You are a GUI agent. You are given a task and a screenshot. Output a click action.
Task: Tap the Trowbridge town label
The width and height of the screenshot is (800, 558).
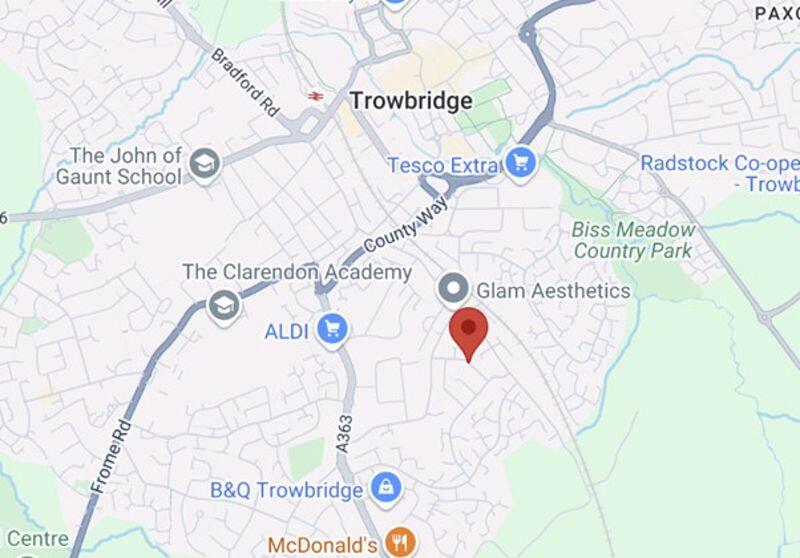tap(411, 101)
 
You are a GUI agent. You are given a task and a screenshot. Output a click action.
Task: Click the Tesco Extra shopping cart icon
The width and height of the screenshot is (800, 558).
tap(519, 162)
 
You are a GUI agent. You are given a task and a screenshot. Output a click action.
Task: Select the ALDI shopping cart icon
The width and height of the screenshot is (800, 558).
tap(332, 328)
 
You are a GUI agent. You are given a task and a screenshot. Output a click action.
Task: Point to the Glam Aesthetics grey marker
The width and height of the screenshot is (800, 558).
tap(454, 290)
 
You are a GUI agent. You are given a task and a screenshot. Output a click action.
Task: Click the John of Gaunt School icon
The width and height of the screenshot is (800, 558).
tap(205, 164)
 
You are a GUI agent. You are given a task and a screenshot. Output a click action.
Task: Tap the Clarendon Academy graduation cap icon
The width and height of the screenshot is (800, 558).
tap(223, 305)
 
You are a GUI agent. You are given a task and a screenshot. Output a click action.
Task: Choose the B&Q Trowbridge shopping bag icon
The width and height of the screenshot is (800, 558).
tap(385, 489)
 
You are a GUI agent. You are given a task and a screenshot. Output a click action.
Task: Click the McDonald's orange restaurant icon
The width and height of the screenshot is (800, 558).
tap(400, 543)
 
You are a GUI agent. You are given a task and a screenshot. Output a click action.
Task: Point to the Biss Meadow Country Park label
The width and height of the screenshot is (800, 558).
tap(632, 240)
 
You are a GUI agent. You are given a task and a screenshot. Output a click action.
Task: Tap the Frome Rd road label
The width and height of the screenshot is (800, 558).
tap(111, 455)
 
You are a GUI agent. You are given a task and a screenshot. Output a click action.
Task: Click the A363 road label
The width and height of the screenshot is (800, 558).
tap(343, 432)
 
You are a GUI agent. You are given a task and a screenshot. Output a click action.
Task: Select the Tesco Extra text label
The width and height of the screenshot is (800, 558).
tap(443, 164)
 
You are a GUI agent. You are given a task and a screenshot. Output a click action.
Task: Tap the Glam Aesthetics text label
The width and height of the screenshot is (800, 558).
tap(553, 291)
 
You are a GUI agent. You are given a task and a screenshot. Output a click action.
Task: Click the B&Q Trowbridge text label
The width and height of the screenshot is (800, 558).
tap(286, 490)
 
